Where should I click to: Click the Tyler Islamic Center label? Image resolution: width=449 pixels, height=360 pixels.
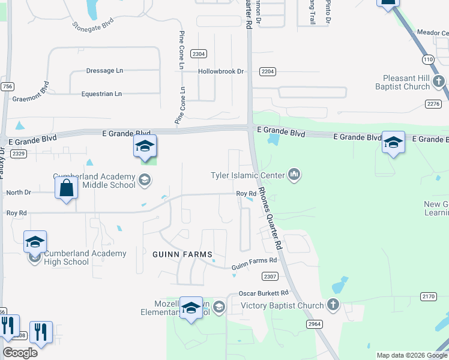[247, 175]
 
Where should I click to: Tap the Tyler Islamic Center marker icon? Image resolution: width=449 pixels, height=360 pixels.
[294, 175]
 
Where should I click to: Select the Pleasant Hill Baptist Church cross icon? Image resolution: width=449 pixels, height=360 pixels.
[439, 80]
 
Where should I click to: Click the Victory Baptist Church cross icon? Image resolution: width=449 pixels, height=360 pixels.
[333, 305]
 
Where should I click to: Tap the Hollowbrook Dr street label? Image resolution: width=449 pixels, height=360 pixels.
[221, 71]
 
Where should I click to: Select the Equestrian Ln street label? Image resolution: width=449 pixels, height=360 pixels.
[101, 94]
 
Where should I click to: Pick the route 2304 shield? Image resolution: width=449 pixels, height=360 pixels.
[199, 54]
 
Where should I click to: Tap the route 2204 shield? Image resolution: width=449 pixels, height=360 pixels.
[268, 71]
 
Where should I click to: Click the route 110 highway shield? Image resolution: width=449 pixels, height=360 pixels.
[427, 59]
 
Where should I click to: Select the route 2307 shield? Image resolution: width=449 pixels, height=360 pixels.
[270, 276]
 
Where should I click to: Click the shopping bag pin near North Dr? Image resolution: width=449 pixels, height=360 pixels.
[66, 187]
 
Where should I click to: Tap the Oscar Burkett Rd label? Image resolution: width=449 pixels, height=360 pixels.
[264, 293]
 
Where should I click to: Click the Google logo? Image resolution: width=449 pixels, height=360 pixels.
[20, 353]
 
